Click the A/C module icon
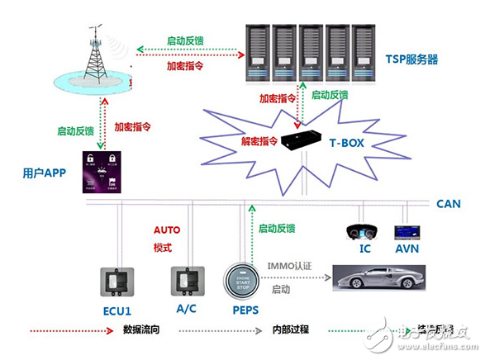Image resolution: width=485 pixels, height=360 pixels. (x=186, y=281)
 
